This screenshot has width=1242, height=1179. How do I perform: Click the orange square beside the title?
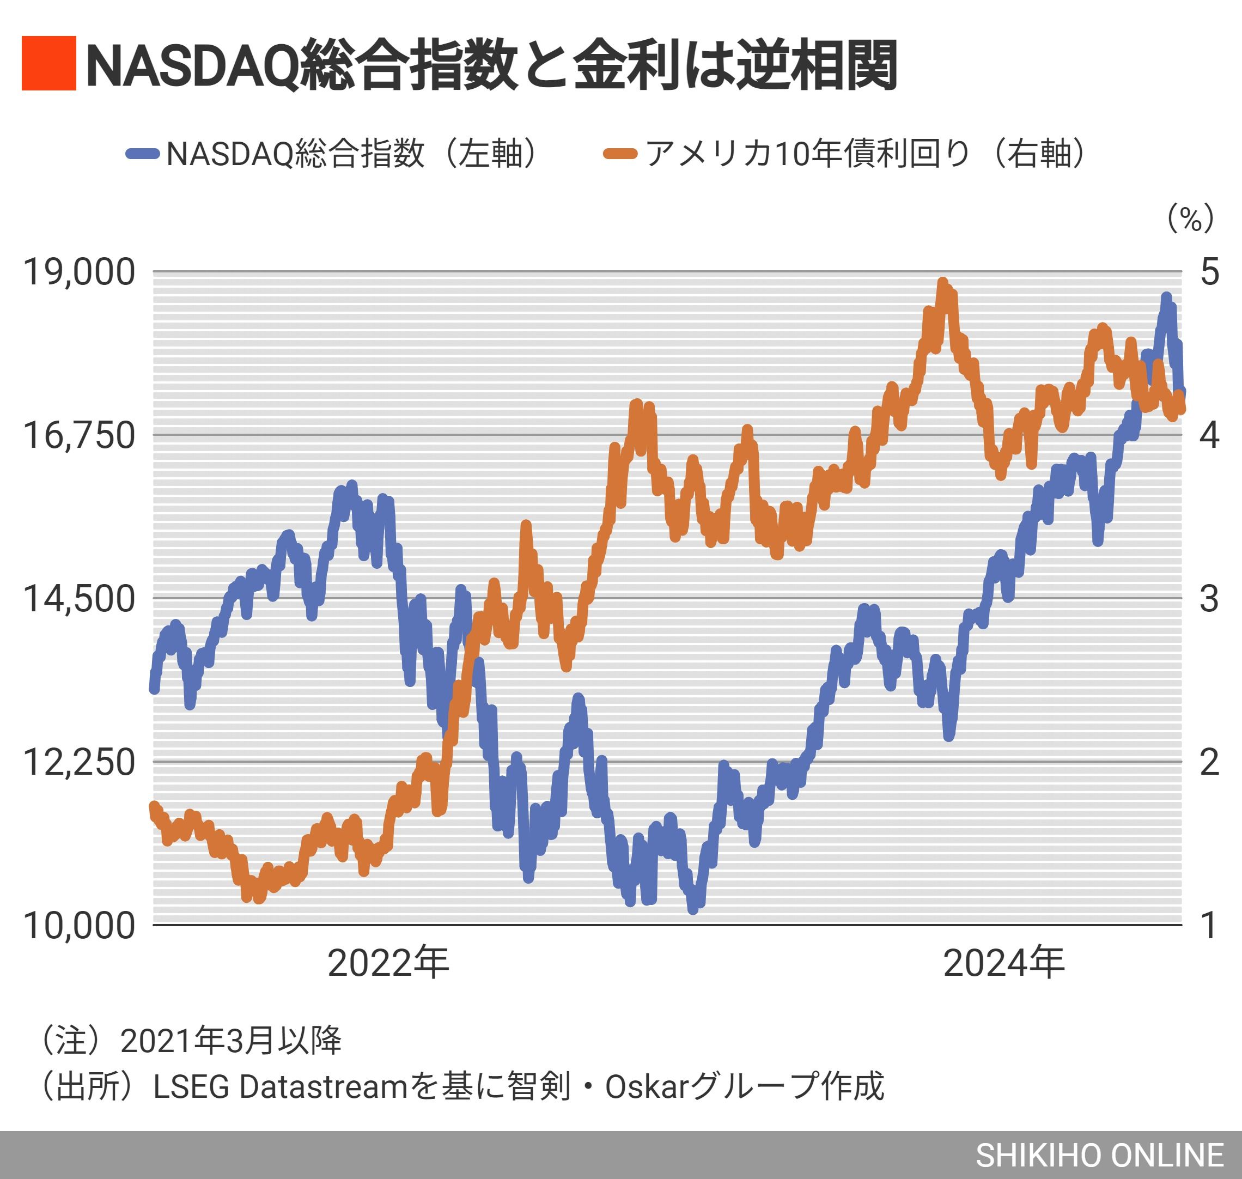pos(49,64)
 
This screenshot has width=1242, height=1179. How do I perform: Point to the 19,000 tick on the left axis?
pos(79,272)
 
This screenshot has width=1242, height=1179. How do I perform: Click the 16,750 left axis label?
pos(79,435)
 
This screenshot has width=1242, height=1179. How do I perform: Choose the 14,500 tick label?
pos(79,598)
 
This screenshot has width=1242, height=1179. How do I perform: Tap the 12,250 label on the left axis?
pos(79,762)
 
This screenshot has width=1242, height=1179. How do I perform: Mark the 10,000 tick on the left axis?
pos(79,925)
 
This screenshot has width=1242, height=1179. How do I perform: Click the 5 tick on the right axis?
pos(1209,272)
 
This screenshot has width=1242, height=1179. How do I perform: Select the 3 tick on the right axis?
pos(1209,598)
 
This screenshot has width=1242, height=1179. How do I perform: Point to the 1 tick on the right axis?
pos(1209,925)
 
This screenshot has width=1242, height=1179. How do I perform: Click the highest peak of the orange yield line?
pos(942,283)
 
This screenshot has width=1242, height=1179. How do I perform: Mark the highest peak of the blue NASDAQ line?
pos(1166,297)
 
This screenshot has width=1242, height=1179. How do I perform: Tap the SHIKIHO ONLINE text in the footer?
pos(1099,1155)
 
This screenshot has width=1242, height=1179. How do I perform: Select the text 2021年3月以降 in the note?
pos(230,1040)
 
